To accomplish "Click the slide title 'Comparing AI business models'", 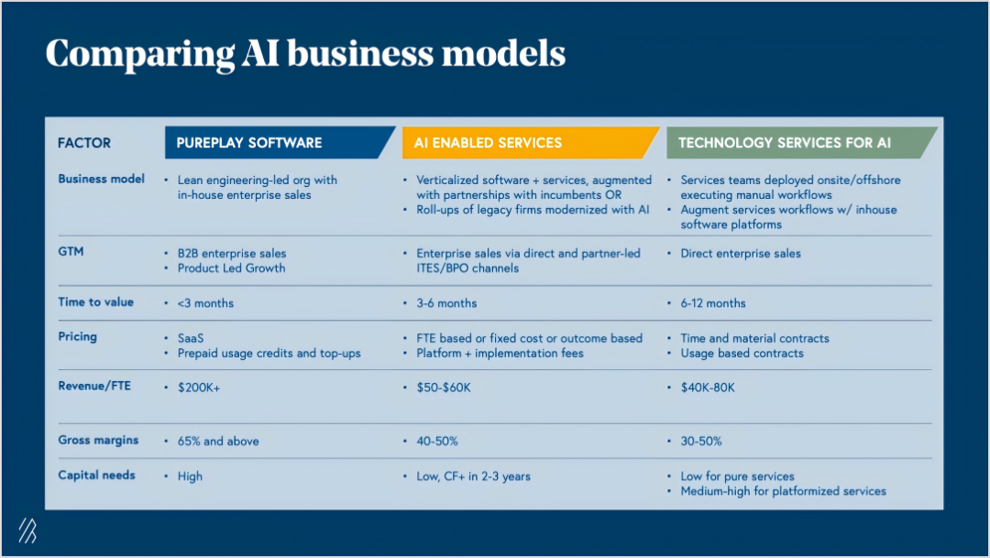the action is point(305,53).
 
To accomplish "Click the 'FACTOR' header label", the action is point(84,143).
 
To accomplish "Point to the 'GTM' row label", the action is point(71,251).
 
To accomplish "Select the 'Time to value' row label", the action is point(96,301).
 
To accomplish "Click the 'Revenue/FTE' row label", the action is point(94,386).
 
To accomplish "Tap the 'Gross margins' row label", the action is point(98,440).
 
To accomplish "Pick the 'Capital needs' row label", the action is point(96,475).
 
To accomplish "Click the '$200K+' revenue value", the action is point(199,388).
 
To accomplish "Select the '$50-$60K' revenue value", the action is point(444,388).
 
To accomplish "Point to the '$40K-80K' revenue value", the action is point(708,388).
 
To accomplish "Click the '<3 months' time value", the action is point(205,303).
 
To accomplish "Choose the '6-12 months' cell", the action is point(713,303).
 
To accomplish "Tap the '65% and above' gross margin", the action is point(218,442).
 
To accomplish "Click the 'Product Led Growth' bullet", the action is point(231,268).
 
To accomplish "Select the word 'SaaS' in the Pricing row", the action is point(191,338).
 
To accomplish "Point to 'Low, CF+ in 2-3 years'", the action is point(473,476).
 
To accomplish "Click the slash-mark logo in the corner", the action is point(27,531).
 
